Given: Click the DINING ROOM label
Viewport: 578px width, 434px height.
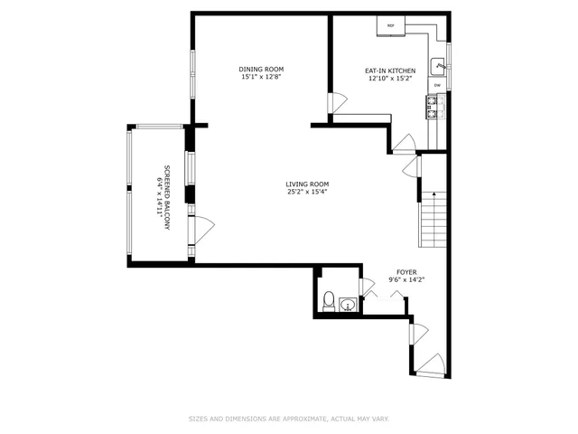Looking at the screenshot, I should click(261, 70).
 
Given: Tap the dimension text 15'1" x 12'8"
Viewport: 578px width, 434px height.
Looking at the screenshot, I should click(261, 78).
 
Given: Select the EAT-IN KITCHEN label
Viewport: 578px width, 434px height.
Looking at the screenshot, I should click(390, 71).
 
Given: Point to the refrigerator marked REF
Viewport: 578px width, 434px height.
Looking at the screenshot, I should click(391, 26).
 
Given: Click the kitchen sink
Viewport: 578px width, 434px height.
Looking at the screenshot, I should click(438, 65).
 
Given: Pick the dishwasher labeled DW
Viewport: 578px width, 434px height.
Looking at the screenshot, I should click(437, 86).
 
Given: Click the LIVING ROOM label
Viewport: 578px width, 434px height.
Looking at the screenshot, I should click(306, 184).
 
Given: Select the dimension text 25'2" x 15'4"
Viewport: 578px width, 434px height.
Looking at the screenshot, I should click(306, 192).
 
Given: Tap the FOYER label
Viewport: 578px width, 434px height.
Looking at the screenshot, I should click(406, 271).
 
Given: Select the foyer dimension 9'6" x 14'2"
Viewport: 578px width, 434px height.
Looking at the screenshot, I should click(406, 279).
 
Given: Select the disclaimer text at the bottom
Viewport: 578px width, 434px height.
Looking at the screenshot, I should click(288, 419).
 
